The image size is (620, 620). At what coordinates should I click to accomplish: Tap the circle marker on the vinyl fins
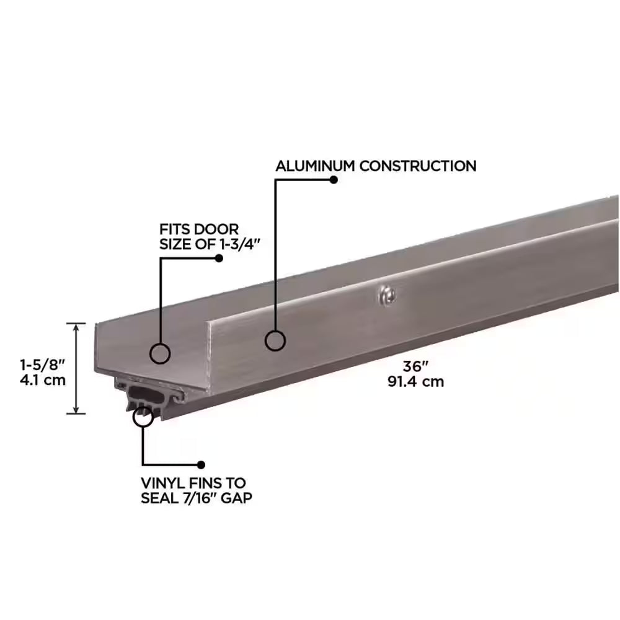click(x=143, y=417)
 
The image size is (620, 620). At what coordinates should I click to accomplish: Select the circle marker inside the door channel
click(x=160, y=353)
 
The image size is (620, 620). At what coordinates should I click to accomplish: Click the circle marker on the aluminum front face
click(x=275, y=340)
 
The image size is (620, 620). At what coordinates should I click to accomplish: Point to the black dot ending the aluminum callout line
click(x=334, y=180)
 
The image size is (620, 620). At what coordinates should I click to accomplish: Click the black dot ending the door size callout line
click(x=218, y=258)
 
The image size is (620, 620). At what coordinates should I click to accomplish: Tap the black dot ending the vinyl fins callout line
click(x=200, y=464)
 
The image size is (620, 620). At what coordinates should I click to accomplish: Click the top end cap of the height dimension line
click(x=76, y=323)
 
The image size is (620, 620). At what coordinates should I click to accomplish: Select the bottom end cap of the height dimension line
click(x=76, y=413)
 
